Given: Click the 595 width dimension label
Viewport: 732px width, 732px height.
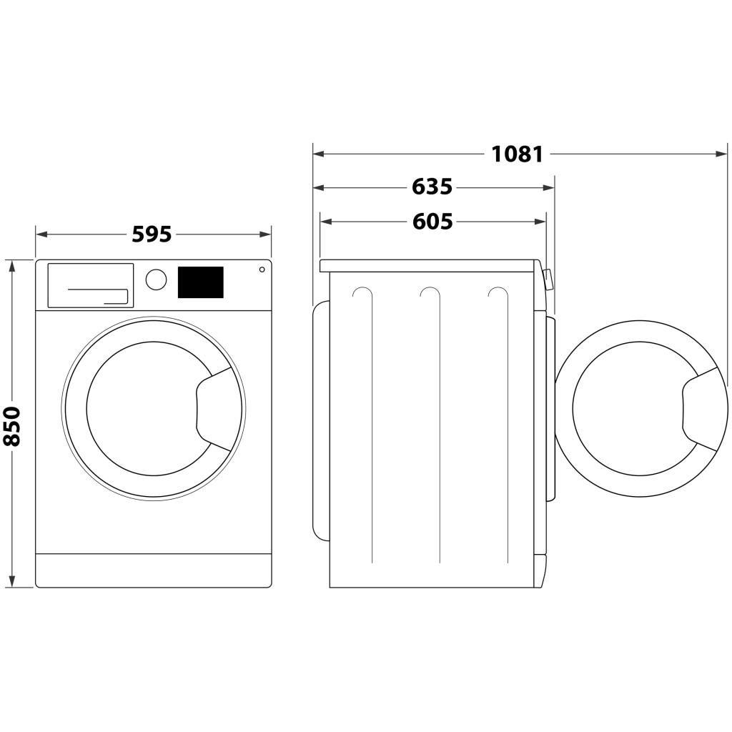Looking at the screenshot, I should (x=152, y=234).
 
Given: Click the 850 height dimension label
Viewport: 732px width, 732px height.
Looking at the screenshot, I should (x=12, y=426).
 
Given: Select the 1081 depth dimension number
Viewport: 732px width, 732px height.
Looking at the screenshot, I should (x=518, y=154).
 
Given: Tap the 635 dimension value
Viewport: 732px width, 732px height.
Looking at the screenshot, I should (x=432, y=187).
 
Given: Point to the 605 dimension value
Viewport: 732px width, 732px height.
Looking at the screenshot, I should (x=432, y=222).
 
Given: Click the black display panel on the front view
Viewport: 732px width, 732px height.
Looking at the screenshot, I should (x=200, y=282).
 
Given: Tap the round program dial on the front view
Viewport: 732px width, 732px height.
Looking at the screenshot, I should (x=156, y=280).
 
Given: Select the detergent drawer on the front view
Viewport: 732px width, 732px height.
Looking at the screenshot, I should (x=91, y=285).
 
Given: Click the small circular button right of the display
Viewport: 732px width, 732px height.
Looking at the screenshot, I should (x=262, y=269).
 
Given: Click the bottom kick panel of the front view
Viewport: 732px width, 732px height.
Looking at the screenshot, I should (x=153, y=570).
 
